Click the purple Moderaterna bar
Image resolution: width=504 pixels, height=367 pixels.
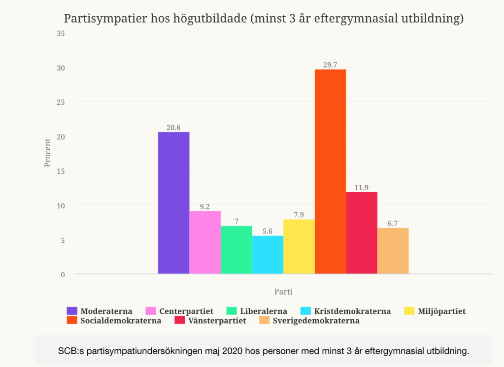pyautogui.click(x=173, y=203)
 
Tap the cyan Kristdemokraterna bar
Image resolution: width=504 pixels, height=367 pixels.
pyautogui.click(x=268, y=255)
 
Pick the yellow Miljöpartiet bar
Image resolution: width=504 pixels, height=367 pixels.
pyautogui.click(x=299, y=246)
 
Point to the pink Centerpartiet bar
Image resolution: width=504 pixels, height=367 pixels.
pyautogui.click(x=205, y=242)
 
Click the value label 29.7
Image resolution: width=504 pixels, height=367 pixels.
pyautogui.click(x=330, y=65)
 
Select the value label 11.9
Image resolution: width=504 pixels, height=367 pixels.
pyautogui.click(x=361, y=187)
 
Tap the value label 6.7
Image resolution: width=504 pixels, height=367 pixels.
pyautogui.click(x=393, y=223)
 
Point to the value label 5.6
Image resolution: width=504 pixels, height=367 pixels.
pyautogui.click(x=268, y=231)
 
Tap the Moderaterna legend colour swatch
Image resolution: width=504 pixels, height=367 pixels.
pyautogui.click(x=72, y=311)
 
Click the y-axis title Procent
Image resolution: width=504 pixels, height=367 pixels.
pyautogui.click(x=48, y=153)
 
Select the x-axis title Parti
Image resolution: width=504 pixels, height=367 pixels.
pyautogui.click(x=283, y=292)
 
